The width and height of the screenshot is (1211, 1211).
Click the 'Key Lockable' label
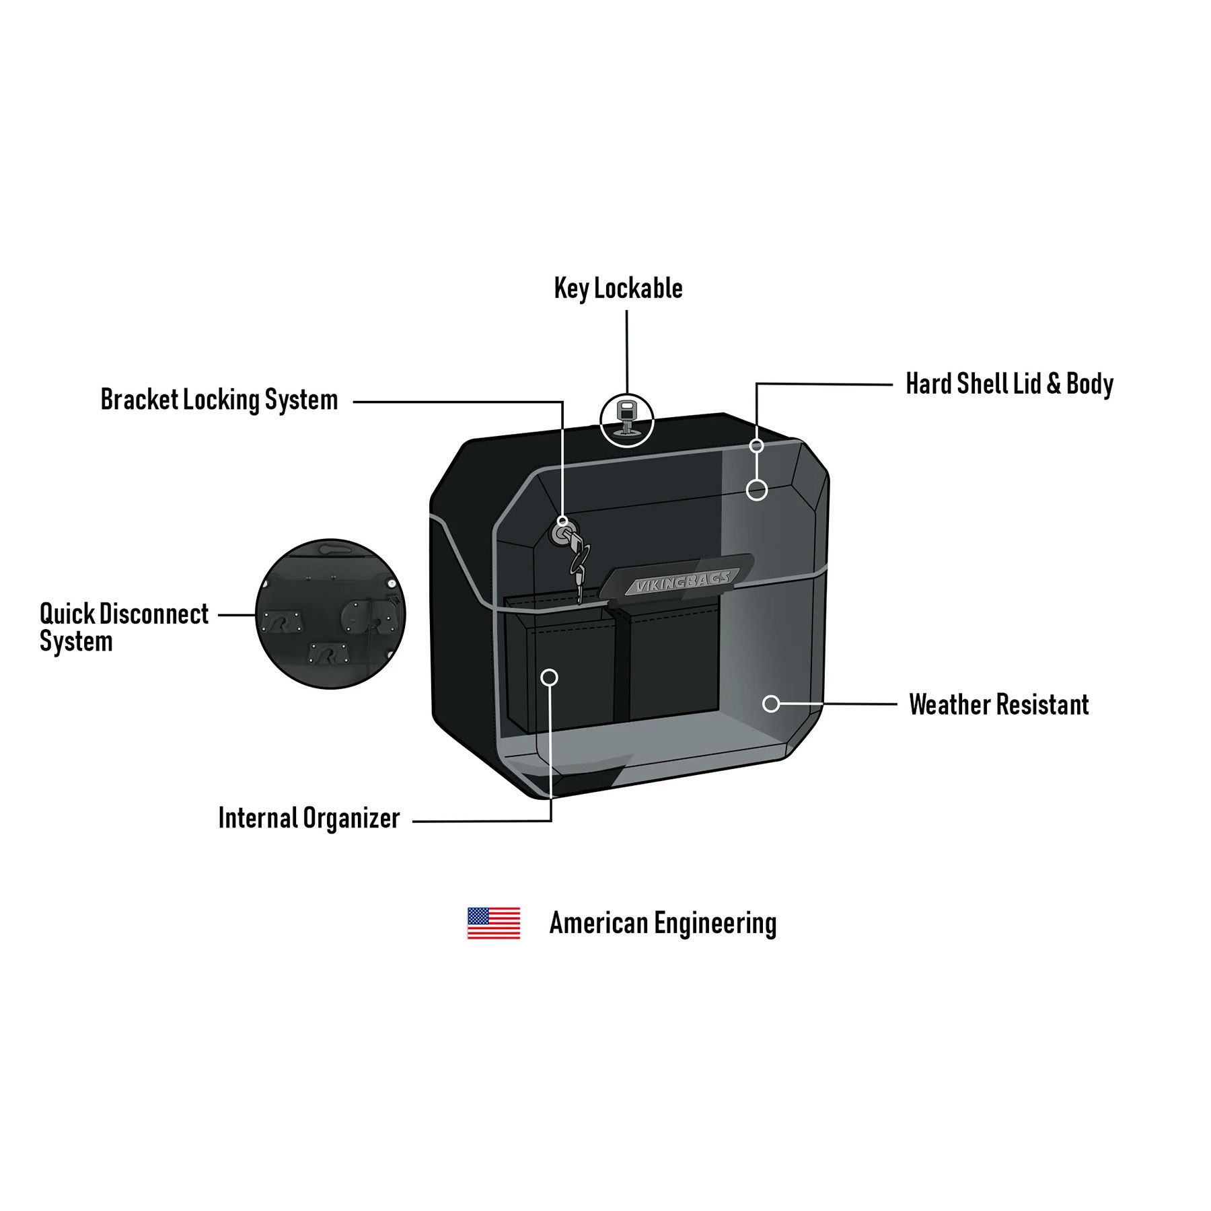tap(618, 289)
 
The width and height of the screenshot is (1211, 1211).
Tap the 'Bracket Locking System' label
tap(219, 400)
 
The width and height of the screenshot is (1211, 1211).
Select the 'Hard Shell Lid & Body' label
tap(1009, 384)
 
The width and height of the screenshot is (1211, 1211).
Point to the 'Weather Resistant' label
tap(998, 704)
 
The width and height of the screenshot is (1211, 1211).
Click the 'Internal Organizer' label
tap(309, 819)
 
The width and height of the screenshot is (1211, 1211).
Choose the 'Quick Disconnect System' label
tap(124, 627)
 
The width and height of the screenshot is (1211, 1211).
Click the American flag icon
tap(494, 923)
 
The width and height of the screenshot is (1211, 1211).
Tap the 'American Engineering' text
tap(663, 923)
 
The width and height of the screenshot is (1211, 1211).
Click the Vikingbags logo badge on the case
tap(680, 580)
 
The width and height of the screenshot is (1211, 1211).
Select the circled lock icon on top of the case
tap(626, 420)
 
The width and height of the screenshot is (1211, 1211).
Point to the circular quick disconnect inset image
tap(330, 614)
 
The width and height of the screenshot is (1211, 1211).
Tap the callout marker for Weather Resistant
tap(771, 704)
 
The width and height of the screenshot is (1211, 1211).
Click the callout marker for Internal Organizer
tap(550, 677)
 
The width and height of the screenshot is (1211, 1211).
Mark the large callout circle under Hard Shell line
tap(757, 490)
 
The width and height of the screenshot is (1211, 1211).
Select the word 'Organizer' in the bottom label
tap(351, 819)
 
